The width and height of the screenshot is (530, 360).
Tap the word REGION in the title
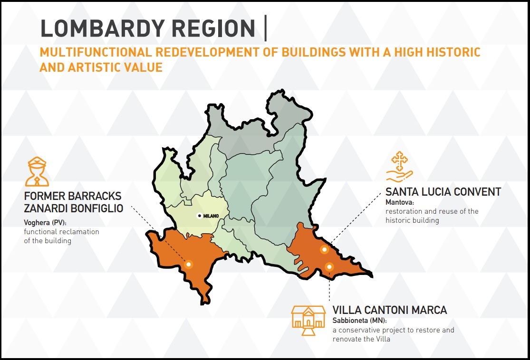(x=213, y=28)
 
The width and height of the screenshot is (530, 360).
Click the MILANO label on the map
(x=211, y=216)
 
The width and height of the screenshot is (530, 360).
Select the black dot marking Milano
(x=200, y=216)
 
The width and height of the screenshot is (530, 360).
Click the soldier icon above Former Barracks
(x=37, y=171)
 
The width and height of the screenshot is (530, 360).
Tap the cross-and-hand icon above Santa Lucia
(x=399, y=167)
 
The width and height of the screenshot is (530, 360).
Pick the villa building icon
(x=308, y=320)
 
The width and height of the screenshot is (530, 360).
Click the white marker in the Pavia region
(x=189, y=264)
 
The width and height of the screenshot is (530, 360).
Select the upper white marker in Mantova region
(x=324, y=249)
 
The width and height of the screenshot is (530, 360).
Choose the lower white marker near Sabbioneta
(x=329, y=267)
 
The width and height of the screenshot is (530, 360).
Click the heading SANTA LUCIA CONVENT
(x=443, y=192)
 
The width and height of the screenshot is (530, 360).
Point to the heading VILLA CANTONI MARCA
(x=390, y=310)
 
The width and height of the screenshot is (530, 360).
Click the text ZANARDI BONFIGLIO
(x=73, y=208)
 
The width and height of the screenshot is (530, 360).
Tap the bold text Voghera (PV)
(x=45, y=223)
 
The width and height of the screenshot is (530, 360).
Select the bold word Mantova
(x=400, y=202)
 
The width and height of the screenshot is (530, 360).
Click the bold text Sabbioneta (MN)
(x=359, y=321)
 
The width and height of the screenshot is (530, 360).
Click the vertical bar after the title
(x=266, y=28)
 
